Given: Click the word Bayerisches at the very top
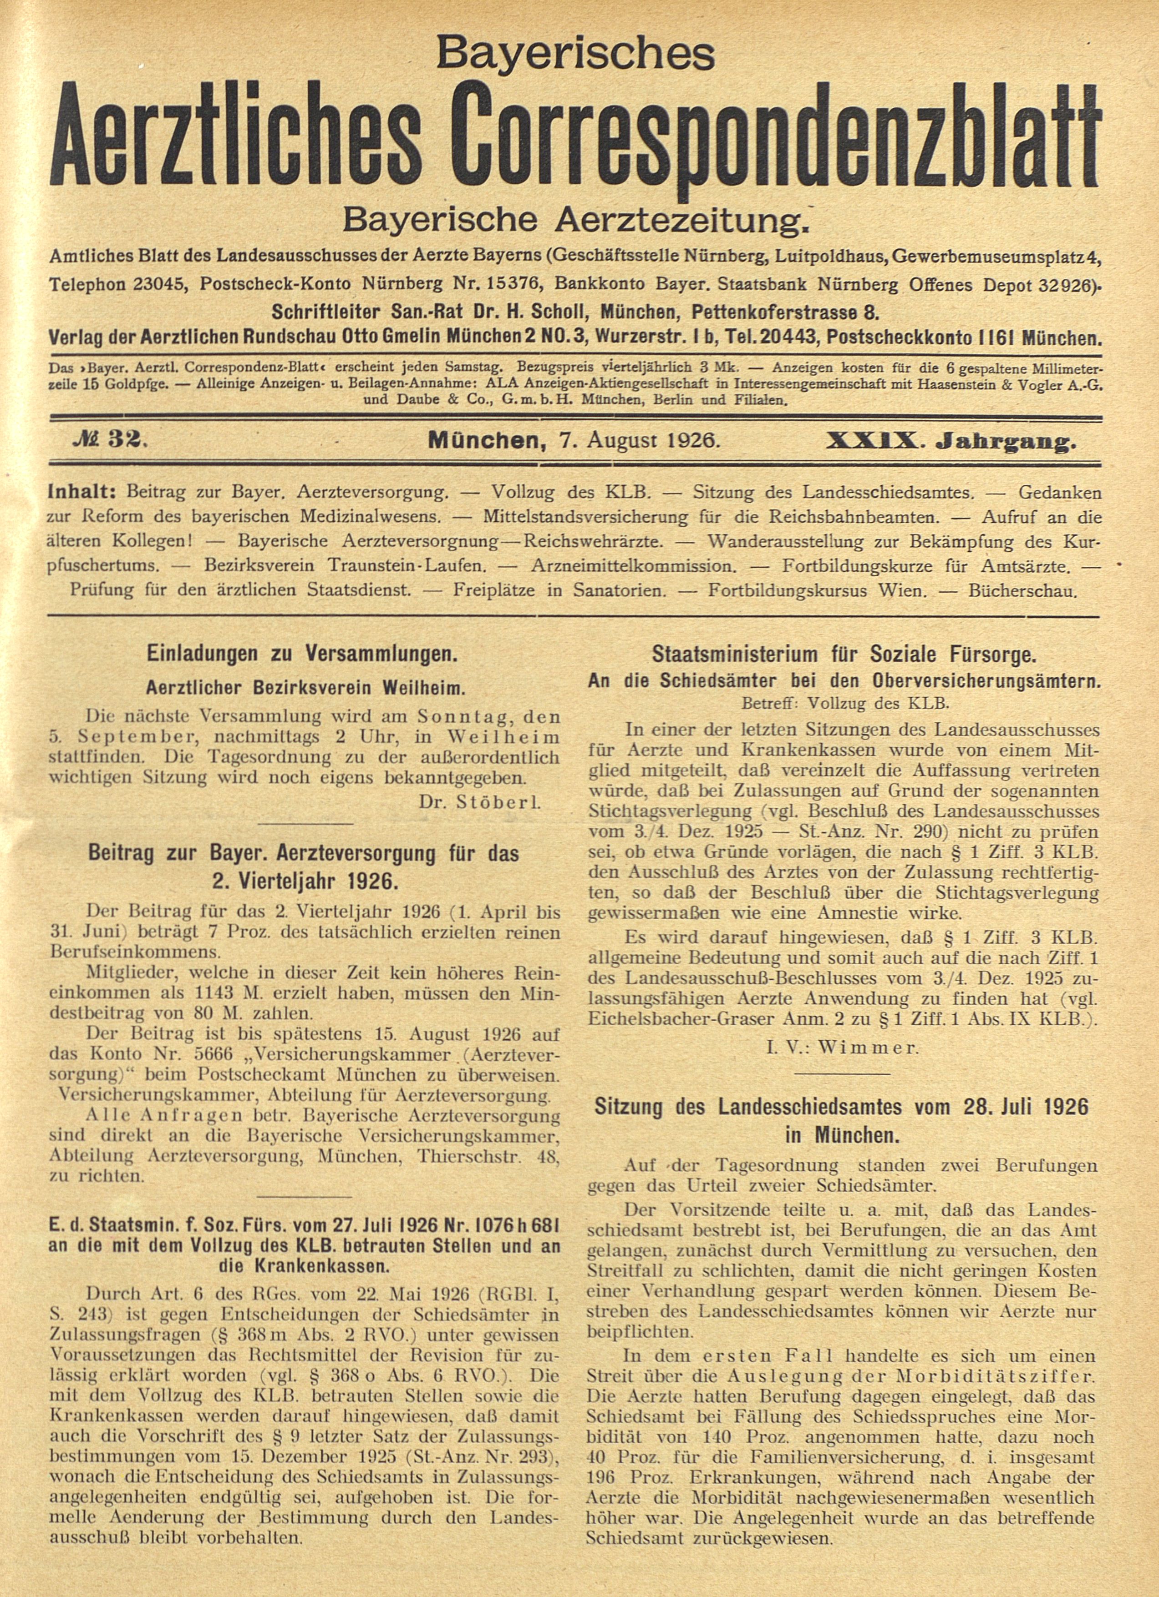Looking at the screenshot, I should click(575, 54).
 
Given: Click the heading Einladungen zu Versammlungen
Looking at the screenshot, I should click(302, 654).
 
